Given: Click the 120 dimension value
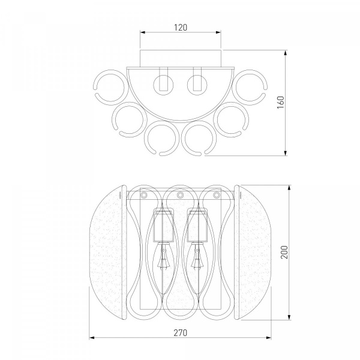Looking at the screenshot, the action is tap(181, 28).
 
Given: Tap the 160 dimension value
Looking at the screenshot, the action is tap(281, 103).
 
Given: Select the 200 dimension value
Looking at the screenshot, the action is tap(284, 252).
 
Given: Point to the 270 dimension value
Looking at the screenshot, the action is tap(181, 332).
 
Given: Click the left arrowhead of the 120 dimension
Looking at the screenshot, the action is tap(143, 32).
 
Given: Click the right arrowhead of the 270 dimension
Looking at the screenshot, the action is tap(268, 338).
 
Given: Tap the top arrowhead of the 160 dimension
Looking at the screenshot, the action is tap(286, 53).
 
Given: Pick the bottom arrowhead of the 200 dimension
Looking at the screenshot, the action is tap(289, 317).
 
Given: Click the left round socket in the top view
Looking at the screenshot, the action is tap(163, 85).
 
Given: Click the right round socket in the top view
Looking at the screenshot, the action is tap(197, 84).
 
